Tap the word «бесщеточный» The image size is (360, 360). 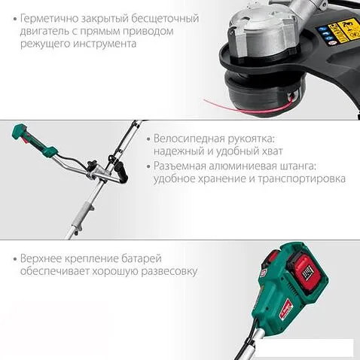165,19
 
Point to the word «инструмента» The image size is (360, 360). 105,44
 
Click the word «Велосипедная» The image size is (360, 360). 189,139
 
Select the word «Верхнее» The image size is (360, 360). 41,258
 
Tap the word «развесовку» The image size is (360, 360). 169,272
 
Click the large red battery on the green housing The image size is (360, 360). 305,272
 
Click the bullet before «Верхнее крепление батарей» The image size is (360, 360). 16,259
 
